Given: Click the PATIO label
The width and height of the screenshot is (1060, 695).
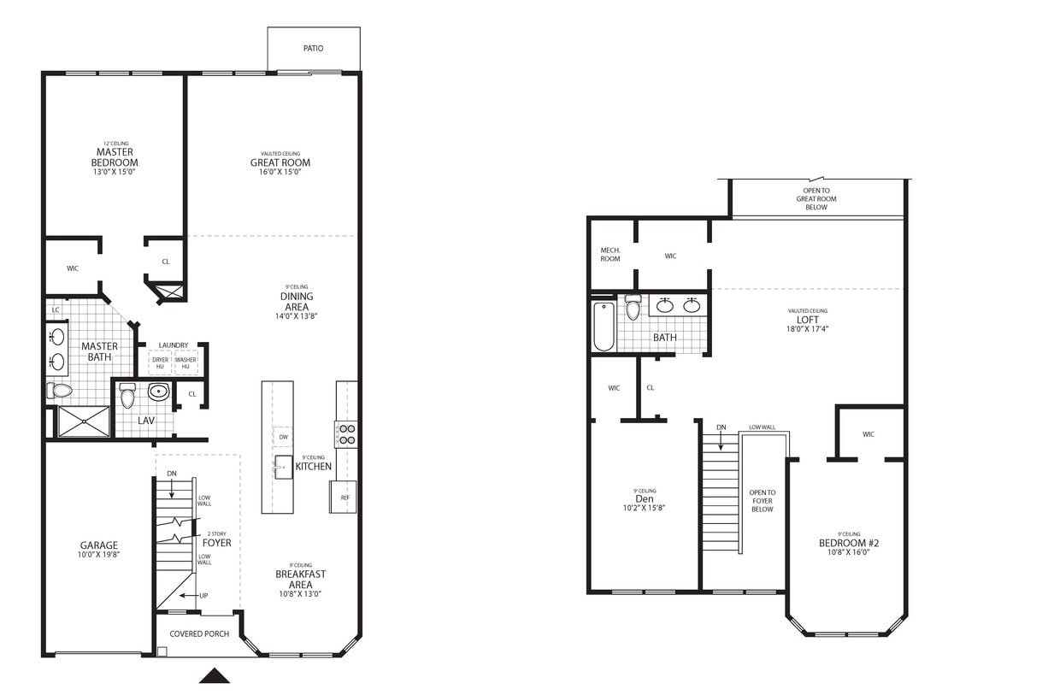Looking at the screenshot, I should [x=314, y=49].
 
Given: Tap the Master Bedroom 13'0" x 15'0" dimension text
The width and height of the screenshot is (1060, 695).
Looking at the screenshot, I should [x=115, y=172].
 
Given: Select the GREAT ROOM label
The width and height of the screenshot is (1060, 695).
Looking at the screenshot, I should [x=280, y=162].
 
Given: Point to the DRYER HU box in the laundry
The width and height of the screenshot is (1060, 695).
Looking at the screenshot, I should [x=160, y=362].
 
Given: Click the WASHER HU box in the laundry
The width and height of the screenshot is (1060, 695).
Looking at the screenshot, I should [x=185, y=362].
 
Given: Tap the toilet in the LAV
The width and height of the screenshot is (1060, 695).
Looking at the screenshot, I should [x=128, y=396].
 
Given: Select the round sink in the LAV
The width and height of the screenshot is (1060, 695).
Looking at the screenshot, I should [x=159, y=392].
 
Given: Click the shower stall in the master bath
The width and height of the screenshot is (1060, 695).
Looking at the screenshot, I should [x=84, y=422].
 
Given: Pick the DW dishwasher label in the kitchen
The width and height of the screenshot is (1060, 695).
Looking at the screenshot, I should [x=282, y=437].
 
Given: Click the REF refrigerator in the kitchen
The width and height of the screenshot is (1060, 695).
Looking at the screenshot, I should [x=344, y=497].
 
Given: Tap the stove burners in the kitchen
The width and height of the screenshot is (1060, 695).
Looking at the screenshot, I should [x=345, y=434].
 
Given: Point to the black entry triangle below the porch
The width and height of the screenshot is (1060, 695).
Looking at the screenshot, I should [x=215, y=676].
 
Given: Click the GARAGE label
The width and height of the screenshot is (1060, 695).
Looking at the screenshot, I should [x=99, y=545].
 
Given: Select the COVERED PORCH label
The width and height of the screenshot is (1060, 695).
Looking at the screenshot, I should [x=197, y=633].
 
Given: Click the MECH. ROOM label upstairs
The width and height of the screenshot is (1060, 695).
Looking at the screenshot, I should [x=610, y=254].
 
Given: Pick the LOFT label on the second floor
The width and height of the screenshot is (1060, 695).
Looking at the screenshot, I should [x=808, y=320].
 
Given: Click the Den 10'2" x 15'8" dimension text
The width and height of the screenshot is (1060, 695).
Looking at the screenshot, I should [x=645, y=508].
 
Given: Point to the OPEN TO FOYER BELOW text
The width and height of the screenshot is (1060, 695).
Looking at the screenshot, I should [x=762, y=501].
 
